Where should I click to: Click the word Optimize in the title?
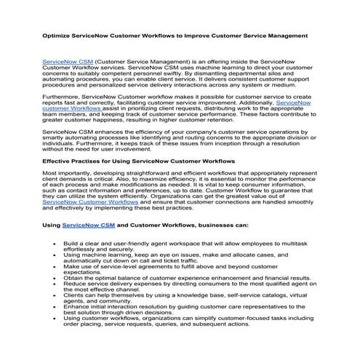click(x=55, y=34)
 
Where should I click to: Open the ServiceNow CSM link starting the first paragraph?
click(x=68, y=63)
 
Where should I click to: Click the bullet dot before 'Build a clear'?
click(x=55, y=244)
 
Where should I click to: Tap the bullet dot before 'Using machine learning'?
click(x=55, y=255)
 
